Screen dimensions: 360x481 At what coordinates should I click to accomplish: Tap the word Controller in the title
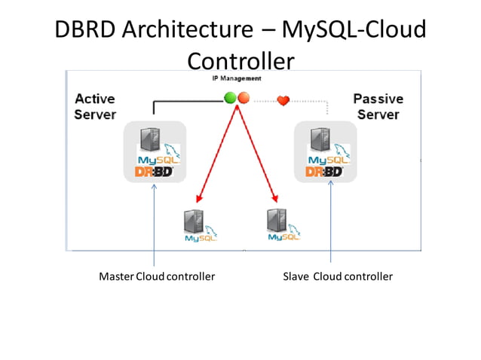point(240,60)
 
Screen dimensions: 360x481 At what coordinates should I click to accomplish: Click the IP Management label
point(237,78)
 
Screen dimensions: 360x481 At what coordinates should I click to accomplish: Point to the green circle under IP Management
point(231,97)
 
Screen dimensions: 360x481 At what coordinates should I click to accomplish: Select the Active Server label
point(95,107)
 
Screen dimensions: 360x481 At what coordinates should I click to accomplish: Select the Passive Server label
point(378,106)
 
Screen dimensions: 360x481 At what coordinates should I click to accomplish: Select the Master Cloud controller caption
point(157,276)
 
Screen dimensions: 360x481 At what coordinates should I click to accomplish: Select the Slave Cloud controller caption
point(337,276)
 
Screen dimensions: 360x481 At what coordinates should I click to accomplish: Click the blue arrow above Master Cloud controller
point(154,226)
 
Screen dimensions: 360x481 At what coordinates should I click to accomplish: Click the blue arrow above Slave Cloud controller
point(330,226)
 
